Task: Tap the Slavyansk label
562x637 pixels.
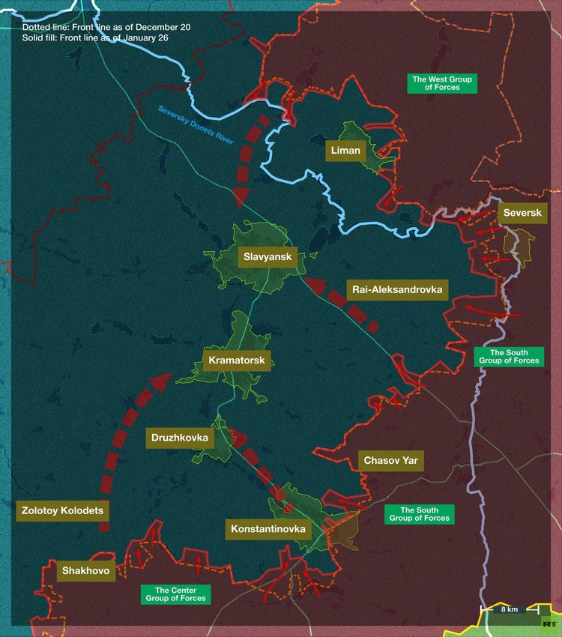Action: (268, 259)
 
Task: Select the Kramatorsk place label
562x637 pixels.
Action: (236, 361)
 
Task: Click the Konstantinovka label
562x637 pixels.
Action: (268, 529)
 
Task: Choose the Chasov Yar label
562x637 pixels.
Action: (390, 460)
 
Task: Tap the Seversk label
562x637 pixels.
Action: (522, 214)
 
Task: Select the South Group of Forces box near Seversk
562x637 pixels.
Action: (509, 357)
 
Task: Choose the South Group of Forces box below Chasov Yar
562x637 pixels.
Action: (419, 514)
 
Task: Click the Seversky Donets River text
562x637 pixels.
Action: (196, 124)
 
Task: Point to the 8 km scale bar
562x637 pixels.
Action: (509, 609)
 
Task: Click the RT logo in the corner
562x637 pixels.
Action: (550, 623)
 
